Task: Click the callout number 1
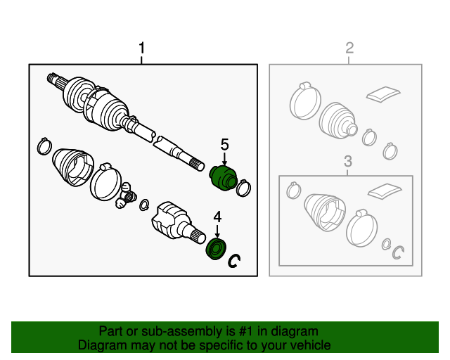142,48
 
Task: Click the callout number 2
349,48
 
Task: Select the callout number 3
348,161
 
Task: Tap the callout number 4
217,217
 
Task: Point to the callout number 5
225,144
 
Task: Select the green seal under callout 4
217,249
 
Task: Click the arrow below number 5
224,159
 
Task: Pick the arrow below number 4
217,231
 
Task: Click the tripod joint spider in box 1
126,195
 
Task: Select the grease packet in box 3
385,191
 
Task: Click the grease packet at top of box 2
383,94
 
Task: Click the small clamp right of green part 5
243,188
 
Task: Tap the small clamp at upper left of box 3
293,191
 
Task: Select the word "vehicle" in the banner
311,345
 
